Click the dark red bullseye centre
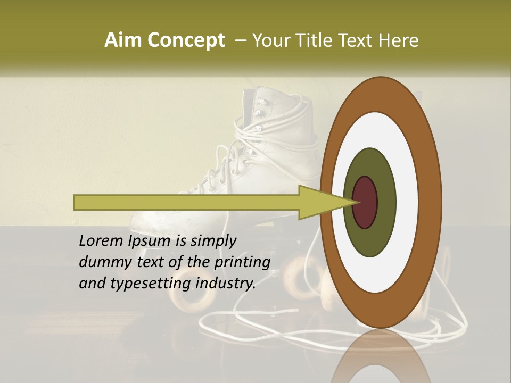point(365,202)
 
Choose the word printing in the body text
point(242,262)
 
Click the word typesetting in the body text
point(151,284)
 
